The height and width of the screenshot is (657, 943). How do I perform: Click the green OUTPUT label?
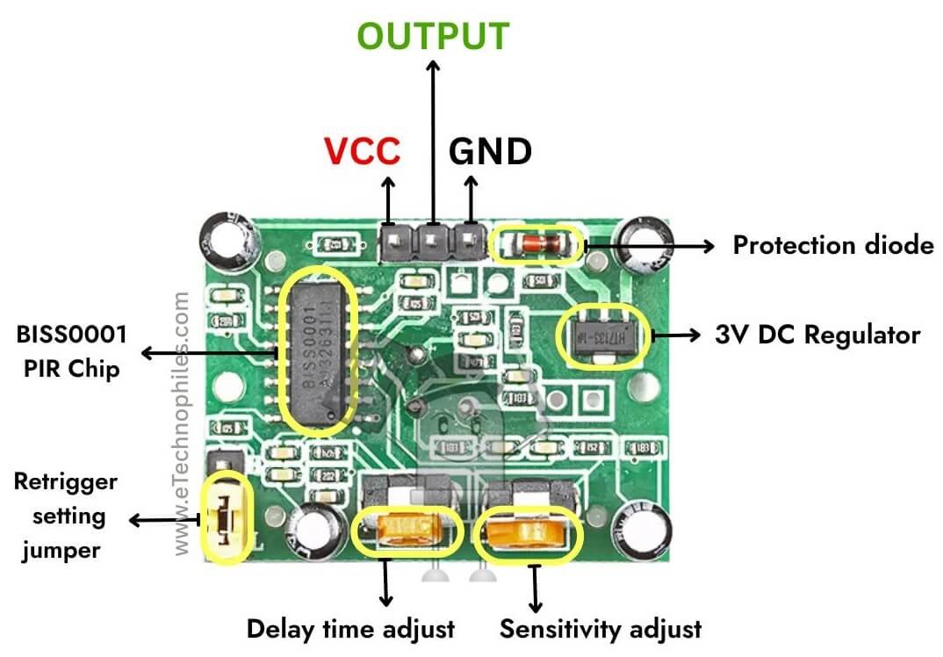pyautogui.click(x=433, y=36)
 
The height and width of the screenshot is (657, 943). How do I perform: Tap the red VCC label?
pyautogui.click(x=362, y=152)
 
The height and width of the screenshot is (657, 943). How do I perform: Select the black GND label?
pyautogui.click(x=490, y=152)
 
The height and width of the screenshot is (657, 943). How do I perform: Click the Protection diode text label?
pyautogui.click(x=832, y=245)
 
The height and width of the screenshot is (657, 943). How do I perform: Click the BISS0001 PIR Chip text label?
pyautogui.click(x=70, y=351)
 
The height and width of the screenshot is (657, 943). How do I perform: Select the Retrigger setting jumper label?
pyautogui.click(x=66, y=516)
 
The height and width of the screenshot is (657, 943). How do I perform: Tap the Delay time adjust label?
pyautogui.click(x=350, y=629)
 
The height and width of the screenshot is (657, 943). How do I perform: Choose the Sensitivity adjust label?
pyautogui.click(x=601, y=629)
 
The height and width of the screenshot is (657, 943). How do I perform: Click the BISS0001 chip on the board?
pyautogui.click(x=317, y=355)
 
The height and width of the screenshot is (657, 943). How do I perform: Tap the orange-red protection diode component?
pyautogui.click(x=537, y=244)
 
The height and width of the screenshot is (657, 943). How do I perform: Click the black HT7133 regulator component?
pyautogui.click(x=605, y=336)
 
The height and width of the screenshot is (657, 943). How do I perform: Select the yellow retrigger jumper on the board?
pyautogui.click(x=227, y=518)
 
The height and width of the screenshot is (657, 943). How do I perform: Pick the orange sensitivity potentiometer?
pyautogui.click(x=528, y=532)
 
